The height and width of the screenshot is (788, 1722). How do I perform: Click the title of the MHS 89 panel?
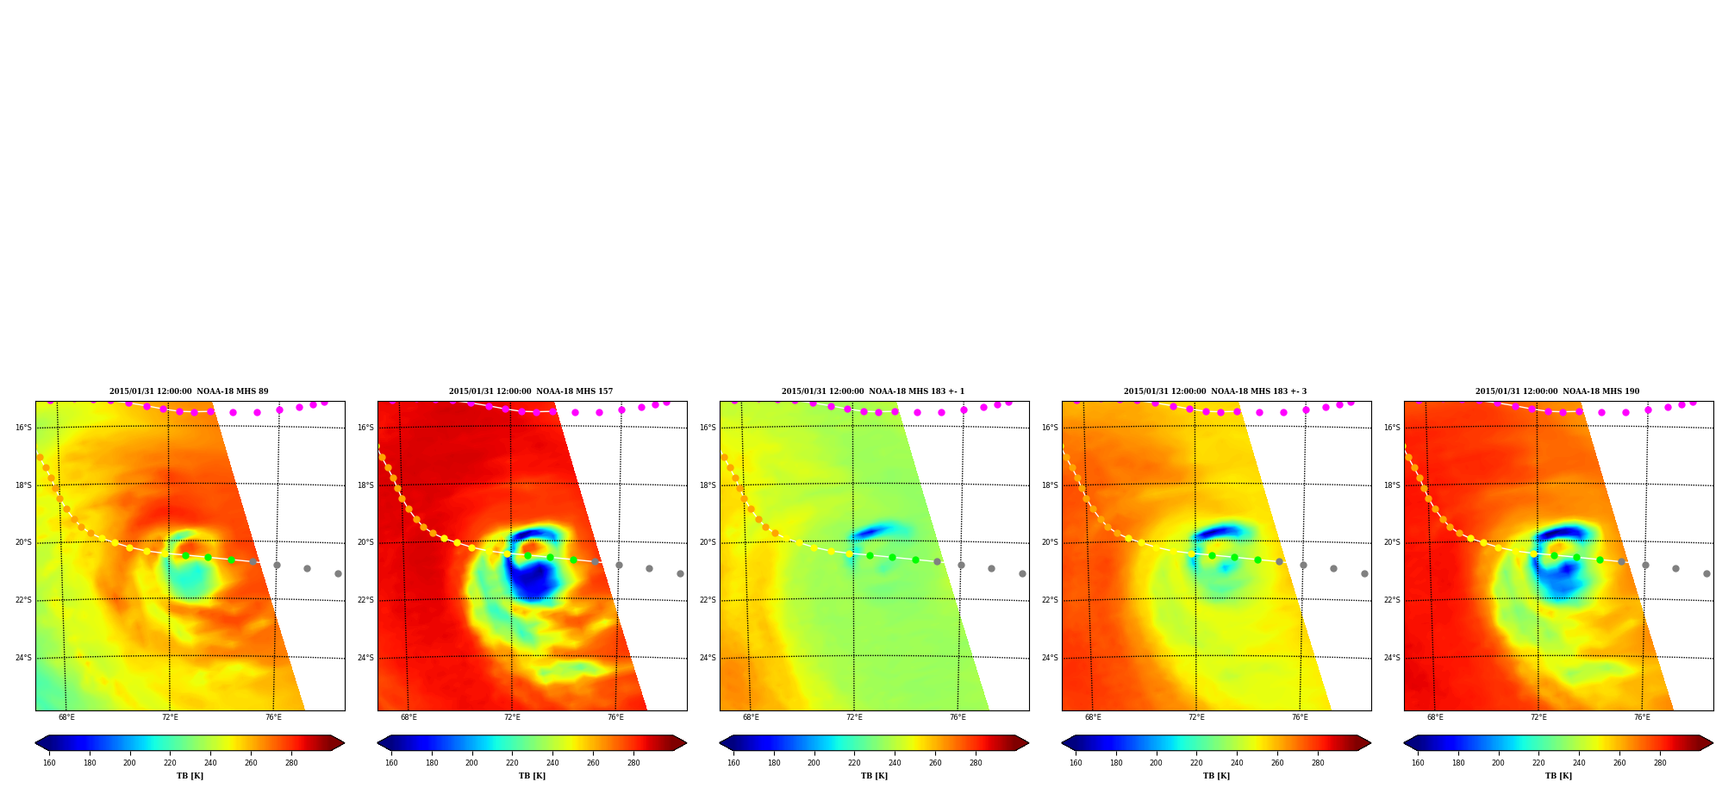point(189,391)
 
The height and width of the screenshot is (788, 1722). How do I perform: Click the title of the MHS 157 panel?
point(531,391)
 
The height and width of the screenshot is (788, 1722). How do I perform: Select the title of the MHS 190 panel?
point(1557,391)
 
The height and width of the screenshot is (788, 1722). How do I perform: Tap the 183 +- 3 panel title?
point(1215,391)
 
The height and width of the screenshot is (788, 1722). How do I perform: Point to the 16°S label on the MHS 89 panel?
point(23,428)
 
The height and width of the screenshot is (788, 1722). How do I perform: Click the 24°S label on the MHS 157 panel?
point(365,658)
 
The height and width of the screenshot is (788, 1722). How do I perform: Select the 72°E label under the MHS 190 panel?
point(1538,717)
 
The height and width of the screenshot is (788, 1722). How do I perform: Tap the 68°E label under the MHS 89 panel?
point(66,717)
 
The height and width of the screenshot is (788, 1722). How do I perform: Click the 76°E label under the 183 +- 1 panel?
point(958,717)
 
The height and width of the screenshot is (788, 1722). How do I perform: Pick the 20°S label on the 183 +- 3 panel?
point(1050,542)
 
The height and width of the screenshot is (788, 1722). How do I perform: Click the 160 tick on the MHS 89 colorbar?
point(49,763)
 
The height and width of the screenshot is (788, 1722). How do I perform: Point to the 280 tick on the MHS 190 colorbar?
point(1660,763)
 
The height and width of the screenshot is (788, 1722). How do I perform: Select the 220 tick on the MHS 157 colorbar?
point(512,763)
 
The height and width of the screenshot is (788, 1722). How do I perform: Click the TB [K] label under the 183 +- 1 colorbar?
point(874,776)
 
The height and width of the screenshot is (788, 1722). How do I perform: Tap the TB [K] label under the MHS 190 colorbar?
point(1558,776)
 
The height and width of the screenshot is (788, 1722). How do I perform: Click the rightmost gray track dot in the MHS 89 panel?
point(338,573)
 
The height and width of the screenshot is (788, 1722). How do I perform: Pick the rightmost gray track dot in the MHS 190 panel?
point(1706,573)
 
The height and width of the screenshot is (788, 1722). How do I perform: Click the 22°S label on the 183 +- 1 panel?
point(708,600)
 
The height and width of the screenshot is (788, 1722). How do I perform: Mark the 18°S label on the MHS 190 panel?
point(1392,485)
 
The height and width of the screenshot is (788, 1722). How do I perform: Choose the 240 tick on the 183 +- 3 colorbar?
point(1237,763)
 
